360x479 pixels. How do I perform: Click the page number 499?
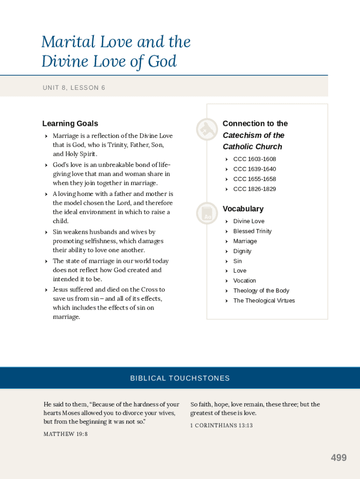pos(338,458)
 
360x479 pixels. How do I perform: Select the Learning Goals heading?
pos(70,123)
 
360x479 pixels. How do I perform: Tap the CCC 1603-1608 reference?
pos(254,159)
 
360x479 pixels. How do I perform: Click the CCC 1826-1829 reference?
pos(254,189)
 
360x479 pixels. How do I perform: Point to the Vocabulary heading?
pos(243,209)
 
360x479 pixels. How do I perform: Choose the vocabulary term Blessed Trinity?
pos(252,231)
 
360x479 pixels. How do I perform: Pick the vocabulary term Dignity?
pos(242,251)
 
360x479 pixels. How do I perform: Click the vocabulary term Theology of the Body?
pos(261,290)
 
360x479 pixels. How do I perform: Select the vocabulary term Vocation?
pos(245,281)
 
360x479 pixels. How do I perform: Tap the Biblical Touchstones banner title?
pos(180,378)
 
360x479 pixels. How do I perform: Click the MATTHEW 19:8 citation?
pos(65,434)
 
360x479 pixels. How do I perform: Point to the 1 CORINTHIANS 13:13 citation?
pos(221,425)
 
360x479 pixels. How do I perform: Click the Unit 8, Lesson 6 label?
pos(74,87)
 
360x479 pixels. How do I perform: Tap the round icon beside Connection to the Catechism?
pos(207,130)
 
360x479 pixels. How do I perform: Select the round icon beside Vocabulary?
pos(207,213)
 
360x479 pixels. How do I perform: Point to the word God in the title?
pos(162,61)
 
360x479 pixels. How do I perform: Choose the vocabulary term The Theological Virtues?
pos(264,301)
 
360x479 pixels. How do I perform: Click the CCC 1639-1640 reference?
pos(254,169)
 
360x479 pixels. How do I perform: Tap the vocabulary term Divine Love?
pos(249,221)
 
